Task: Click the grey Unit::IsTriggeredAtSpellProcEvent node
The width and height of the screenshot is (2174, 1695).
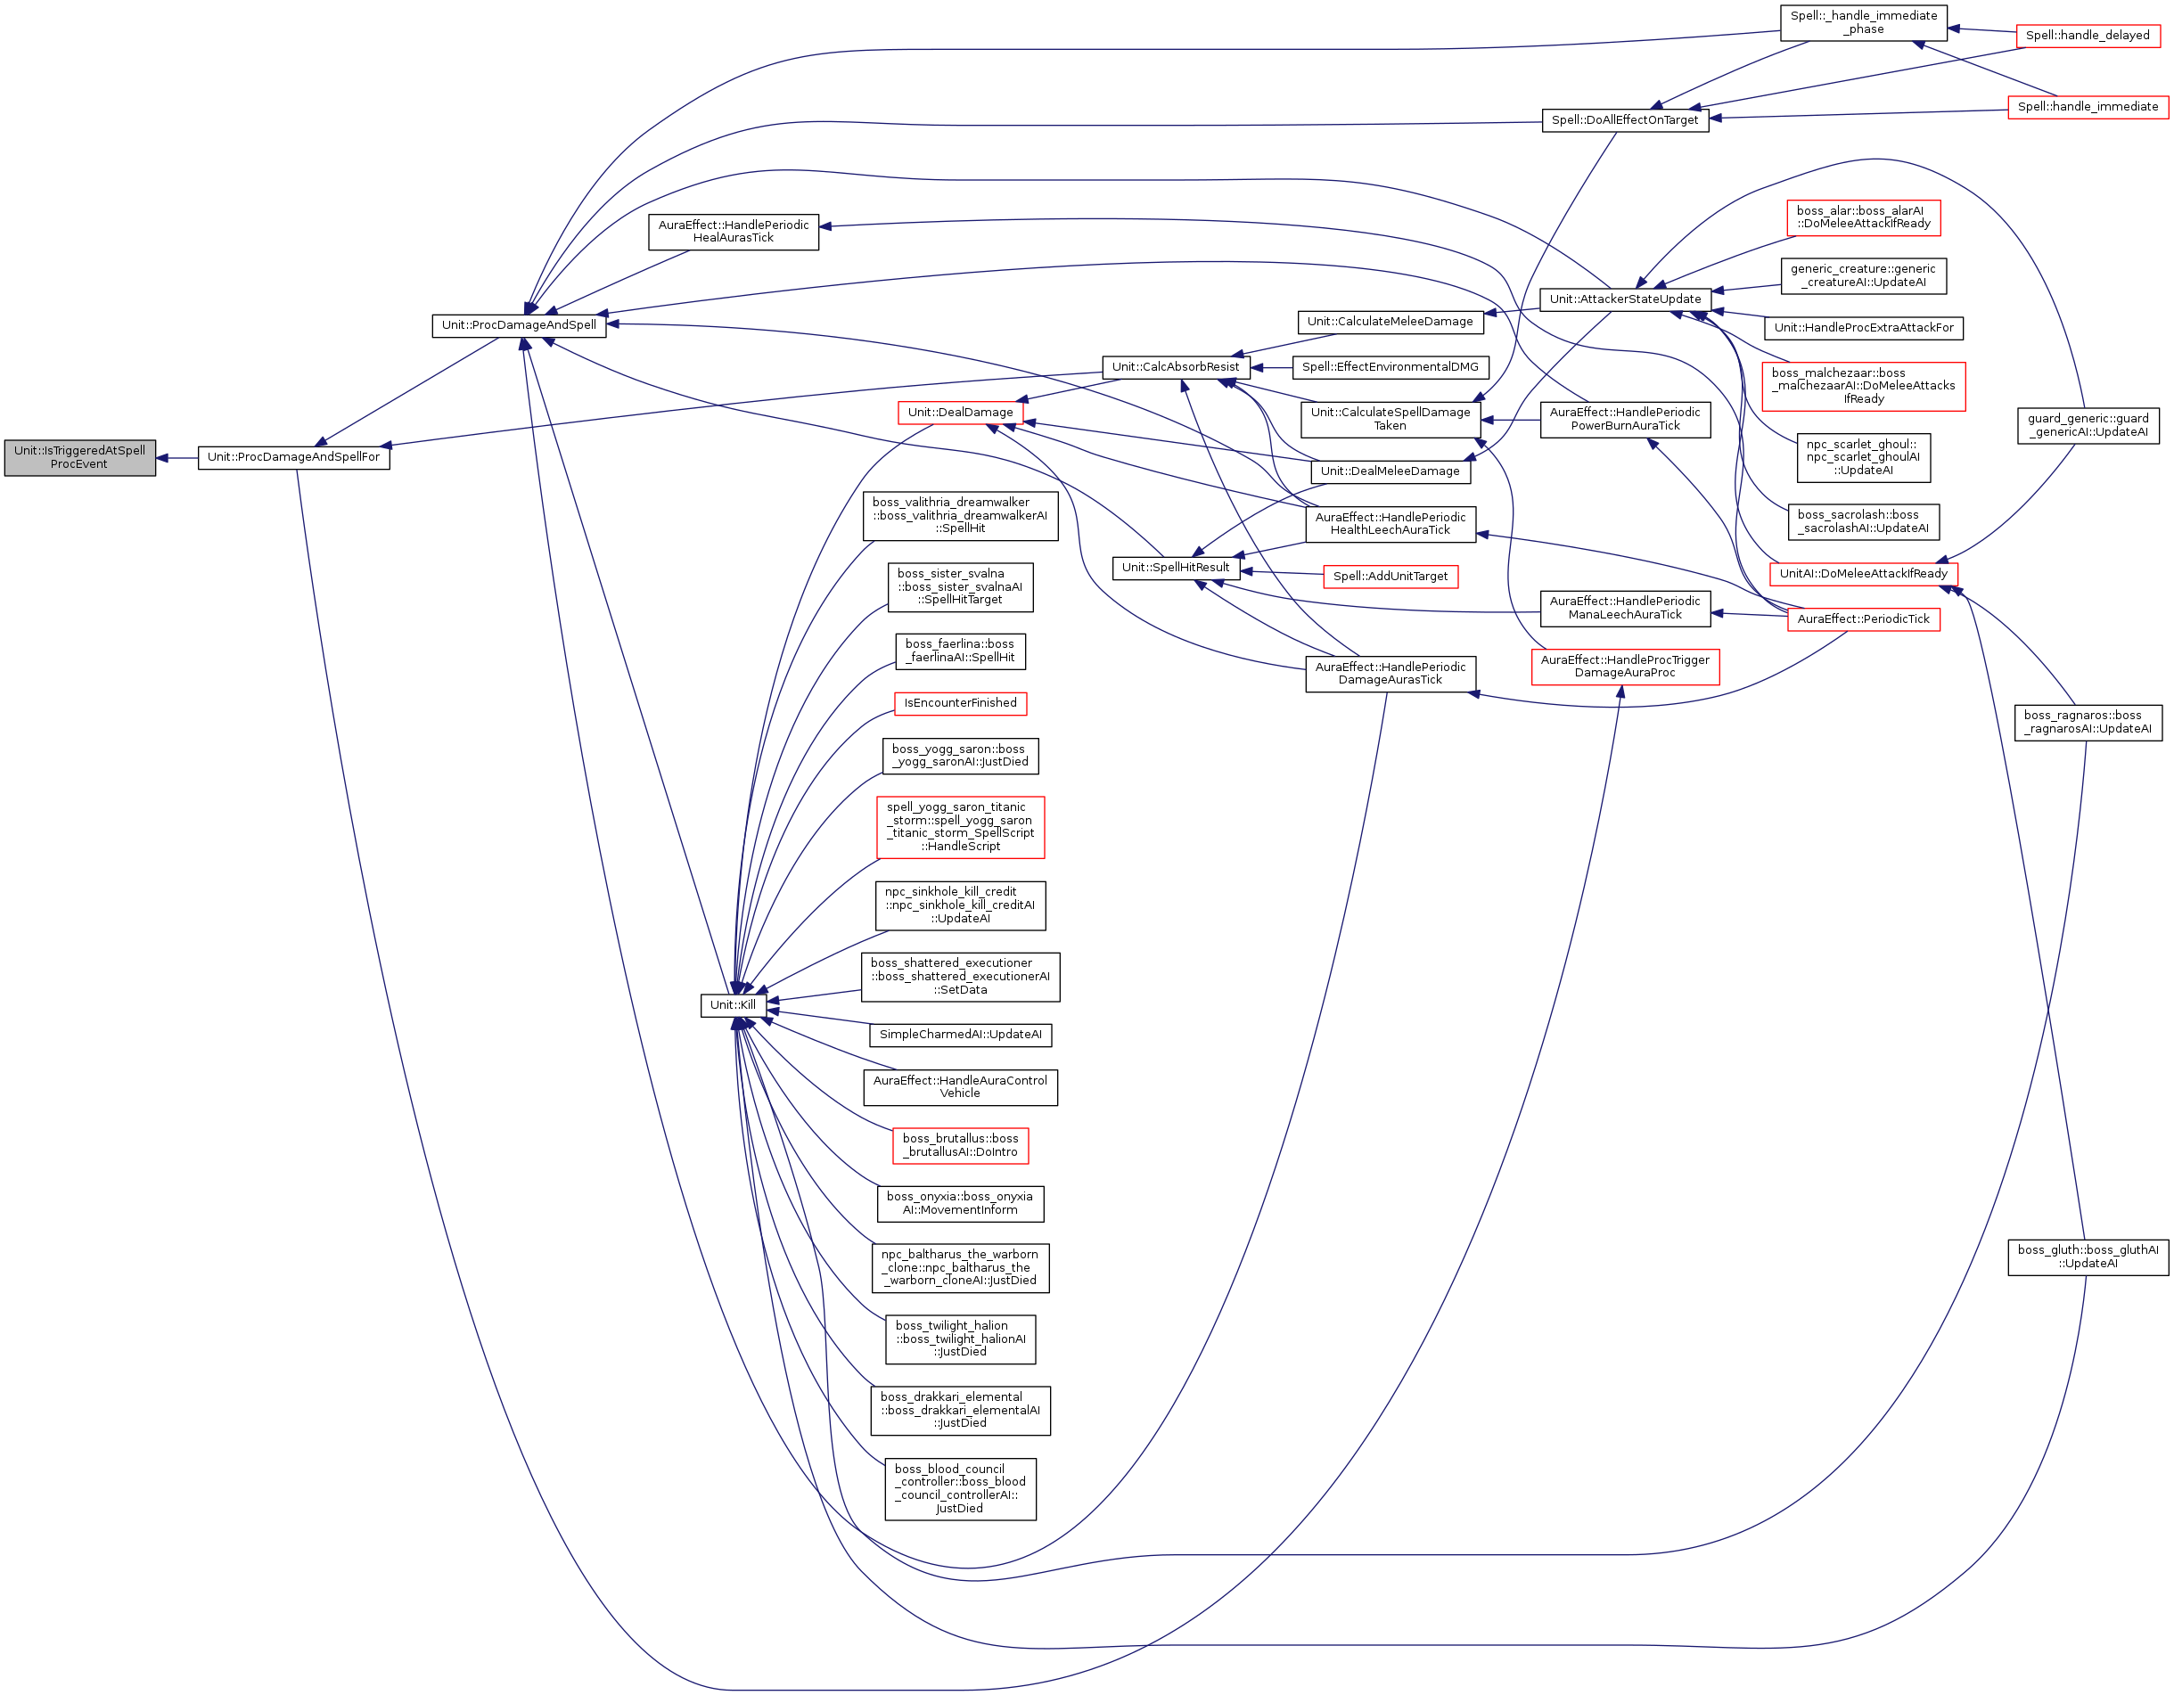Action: click(79, 457)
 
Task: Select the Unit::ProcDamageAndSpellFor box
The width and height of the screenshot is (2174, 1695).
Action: click(293, 457)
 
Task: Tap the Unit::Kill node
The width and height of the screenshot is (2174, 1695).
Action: click(733, 1004)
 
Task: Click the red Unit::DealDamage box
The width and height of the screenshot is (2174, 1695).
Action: click(961, 412)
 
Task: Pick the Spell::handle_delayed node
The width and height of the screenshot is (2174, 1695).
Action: click(2088, 36)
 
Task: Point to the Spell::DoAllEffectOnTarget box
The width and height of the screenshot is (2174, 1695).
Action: click(1626, 120)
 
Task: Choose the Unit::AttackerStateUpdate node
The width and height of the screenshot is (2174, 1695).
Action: click(1626, 299)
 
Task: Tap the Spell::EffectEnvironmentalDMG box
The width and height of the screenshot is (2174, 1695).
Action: click(1390, 367)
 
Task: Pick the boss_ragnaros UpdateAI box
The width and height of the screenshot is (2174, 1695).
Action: click(2088, 722)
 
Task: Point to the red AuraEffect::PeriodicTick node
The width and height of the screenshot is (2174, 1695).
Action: click(1864, 619)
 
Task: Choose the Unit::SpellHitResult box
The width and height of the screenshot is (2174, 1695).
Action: click(1176, 568)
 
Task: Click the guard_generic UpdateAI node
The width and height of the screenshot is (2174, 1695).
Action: click(2088, 425)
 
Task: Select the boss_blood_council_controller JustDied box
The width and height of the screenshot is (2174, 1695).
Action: click(961, 1489)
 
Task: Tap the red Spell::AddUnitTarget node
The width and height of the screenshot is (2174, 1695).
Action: click(1390, 577)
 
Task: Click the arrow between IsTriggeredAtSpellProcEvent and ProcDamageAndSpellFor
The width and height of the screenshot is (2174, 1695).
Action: click(177, 458)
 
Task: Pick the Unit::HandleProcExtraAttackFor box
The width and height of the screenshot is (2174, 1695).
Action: click(1864, 327)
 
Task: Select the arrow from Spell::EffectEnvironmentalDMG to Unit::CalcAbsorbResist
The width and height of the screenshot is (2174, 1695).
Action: click(1271, 367)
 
